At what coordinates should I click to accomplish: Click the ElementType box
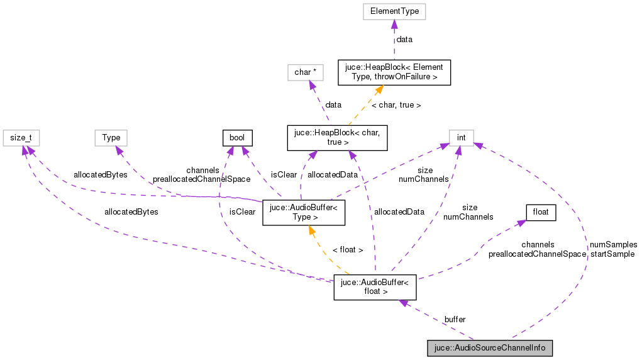click(x=394, y=11)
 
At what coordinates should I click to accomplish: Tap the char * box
click(x=305, y=72)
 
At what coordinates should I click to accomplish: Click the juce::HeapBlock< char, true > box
click(x=337, y=137)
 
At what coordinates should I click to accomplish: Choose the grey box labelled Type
click(x=111, y=137)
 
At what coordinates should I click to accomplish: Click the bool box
click(x=238, y=137)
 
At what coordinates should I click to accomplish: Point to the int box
click(x=461, y=137)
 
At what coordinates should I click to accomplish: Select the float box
click(x=541, y=212)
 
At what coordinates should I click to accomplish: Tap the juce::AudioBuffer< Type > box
click(x=303, y=212)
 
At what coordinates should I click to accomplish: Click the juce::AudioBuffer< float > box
click(x=375, y=287)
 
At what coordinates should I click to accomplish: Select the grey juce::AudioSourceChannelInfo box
click(x=490, y=348)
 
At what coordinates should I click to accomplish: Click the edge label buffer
click(x=455, y=320)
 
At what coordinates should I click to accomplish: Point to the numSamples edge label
click(x=613, y=244)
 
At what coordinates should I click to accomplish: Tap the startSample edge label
click(x=612, y=254)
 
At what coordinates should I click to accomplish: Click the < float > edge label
click(x=348, y=250)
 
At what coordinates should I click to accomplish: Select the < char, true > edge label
click(x=396, y=105)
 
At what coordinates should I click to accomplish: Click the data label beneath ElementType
click(x=404, y=40)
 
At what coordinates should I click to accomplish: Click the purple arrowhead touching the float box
click(x=521, y=223)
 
